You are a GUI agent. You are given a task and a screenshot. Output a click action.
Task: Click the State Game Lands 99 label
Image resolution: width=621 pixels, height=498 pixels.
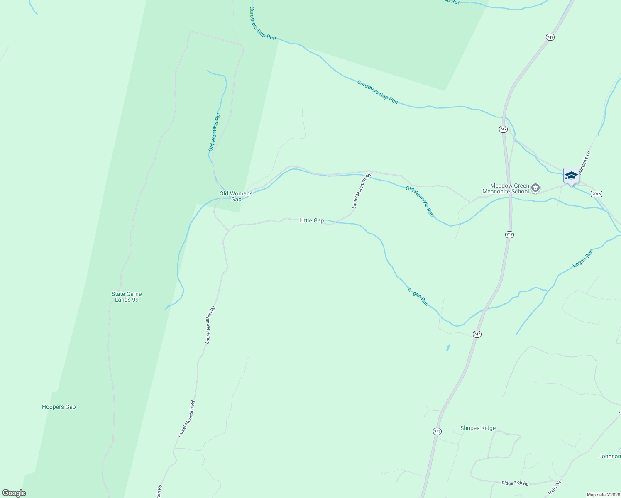(x=127, y=297)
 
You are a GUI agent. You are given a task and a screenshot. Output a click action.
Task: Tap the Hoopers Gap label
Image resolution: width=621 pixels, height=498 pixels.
(x=59, y=407)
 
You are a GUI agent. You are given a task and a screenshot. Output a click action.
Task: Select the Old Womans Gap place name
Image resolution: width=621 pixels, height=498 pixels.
(x=236, y=196)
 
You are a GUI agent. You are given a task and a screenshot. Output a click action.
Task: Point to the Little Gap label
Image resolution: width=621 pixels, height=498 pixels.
(x=311, y=221)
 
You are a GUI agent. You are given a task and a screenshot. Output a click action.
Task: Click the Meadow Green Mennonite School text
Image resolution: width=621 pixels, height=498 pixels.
(x=506, y=189)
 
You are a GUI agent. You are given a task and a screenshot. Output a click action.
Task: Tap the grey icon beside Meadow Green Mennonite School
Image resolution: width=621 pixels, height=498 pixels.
(x=535, y=188)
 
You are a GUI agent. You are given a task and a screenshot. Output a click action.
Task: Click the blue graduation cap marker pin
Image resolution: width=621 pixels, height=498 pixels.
(x=571, y=176)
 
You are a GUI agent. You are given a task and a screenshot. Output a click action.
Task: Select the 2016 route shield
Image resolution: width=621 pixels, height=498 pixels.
(x=596, y=194)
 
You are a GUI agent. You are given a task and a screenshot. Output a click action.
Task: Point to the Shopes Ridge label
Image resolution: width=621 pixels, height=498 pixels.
(x=478, y=428)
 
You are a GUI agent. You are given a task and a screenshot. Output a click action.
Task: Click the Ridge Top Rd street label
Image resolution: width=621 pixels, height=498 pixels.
(x=515, y=483)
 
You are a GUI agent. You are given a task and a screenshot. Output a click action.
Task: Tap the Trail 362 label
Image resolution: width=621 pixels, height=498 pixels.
(x=554, y=488)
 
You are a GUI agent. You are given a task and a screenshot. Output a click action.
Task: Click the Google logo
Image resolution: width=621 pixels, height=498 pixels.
(x=14, y=493)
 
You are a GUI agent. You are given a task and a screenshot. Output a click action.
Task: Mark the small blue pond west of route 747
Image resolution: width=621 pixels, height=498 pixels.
(x=448, y=348)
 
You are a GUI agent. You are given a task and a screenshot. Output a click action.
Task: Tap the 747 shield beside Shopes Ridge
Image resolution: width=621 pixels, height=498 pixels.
(x=437, y=432)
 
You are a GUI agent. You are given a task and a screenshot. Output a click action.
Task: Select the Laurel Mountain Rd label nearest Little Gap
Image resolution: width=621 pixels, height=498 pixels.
(x=361, y=191)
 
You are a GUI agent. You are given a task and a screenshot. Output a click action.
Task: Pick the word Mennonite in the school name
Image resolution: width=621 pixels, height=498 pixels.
(x=506, y=192)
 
